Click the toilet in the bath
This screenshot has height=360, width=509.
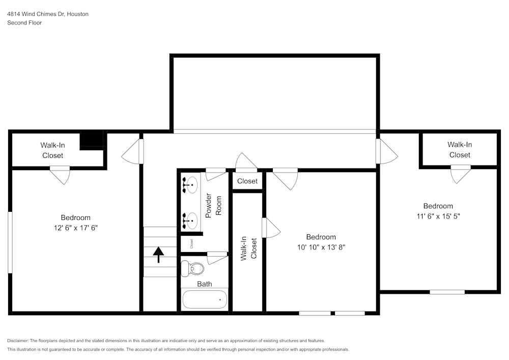click(x=193, y=268)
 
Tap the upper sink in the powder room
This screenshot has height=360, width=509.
click(x=191, y=185)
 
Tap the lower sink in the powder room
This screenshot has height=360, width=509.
click(x=191, y=220)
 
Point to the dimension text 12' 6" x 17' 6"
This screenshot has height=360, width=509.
click(x=75, y=228)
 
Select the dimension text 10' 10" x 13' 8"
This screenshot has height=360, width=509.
click(x=321, y=247)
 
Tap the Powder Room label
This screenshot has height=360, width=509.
click(x=213, y=205)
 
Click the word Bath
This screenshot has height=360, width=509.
click(x=205, y=284)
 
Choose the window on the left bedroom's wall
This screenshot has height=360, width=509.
click(x=10, y=242)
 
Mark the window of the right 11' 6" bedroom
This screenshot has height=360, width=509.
click(x=447, y=292)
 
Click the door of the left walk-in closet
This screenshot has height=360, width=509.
click(x=60, y=175)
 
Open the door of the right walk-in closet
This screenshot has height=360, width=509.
click(x=461, y=174)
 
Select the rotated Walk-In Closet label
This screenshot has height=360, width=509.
click(x=248, y=248)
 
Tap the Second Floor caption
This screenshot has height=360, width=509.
click(x=24, y=23)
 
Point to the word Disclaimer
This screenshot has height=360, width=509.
click(x=18, y=341)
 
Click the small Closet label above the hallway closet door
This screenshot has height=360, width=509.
click(x=247, y=181)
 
